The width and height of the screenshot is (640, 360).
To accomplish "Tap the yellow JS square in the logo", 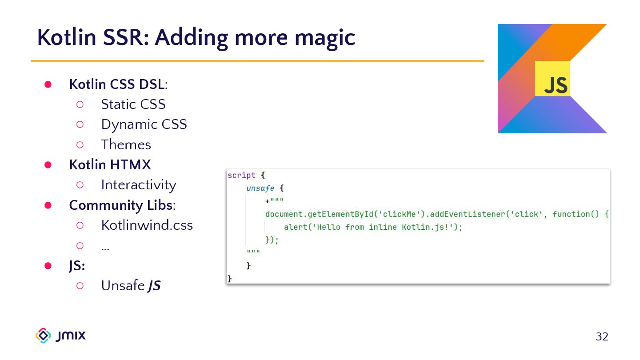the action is pos(552,79).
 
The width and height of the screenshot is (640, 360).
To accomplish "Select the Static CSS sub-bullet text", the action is pos(133,104).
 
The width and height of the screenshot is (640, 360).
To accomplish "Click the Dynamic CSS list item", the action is pos(144,124).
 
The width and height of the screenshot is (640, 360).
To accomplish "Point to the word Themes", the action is pos(126,145).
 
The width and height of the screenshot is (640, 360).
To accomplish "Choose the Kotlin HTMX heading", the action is pos(110,165).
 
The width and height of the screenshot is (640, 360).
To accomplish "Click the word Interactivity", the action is pos(138,185).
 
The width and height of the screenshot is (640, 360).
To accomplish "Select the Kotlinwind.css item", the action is pos(147,225).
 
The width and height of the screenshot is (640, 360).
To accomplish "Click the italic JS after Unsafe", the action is pos(154,286).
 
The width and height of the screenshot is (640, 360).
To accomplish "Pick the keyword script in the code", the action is pos(241,176).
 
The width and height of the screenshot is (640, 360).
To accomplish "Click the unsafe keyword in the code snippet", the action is pos(260,188).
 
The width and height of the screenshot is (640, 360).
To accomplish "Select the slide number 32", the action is pos(602,337).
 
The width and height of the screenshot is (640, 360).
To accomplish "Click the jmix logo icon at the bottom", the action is pos(43,336).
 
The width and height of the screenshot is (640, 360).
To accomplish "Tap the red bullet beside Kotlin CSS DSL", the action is pos(48,84).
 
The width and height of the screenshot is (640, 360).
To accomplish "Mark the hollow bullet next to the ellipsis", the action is pos(80,245).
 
